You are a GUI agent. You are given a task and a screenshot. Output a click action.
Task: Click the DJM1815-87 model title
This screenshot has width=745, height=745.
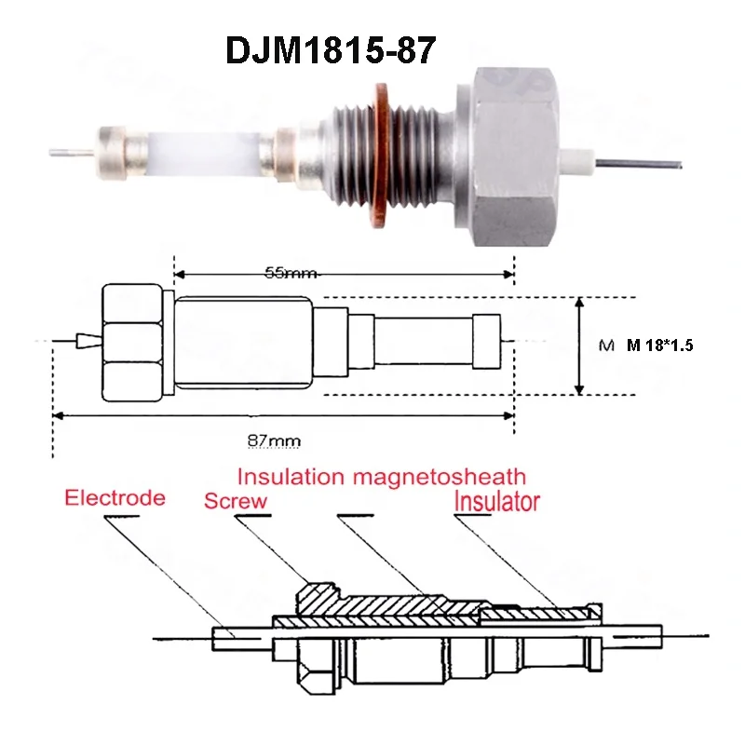coord(331,50)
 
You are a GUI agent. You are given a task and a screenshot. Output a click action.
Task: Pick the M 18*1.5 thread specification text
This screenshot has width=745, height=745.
coord(661,345)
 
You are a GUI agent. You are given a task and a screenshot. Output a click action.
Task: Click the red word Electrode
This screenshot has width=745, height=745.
coord(115,497)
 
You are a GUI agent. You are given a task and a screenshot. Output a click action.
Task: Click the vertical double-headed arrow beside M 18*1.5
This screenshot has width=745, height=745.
coord(580,345)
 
